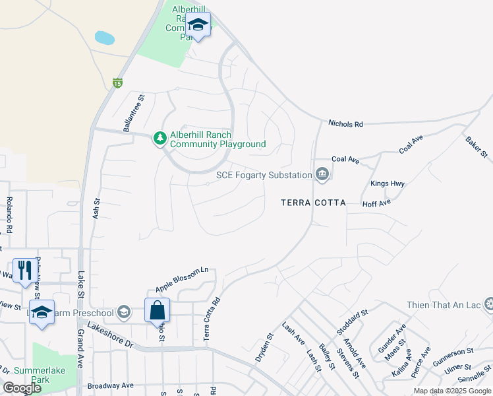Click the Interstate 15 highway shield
[117, 82]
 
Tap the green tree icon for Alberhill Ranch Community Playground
[159, 139]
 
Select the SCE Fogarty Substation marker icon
[322, 174]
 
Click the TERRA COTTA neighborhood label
[313, 203]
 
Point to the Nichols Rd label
[346, 123]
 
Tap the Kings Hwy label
[388, 183]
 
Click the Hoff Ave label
[376, 204]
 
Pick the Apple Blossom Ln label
[182, 280]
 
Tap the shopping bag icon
[158, 310]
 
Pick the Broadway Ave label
[110, 385]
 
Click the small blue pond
[104, 38]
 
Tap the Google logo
[22, 388]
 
